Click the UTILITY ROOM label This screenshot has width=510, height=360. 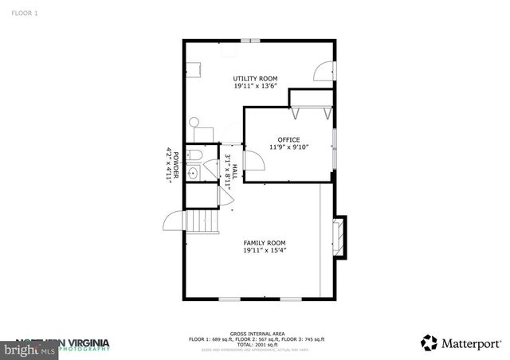(x=254, y=78)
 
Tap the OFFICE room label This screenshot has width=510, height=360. (x=288, y=139)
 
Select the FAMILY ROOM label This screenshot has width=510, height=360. (x=265, y=243)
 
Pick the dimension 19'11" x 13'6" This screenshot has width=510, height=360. (x=254, y=86)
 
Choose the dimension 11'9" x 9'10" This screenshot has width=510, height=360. (x=288, y=147)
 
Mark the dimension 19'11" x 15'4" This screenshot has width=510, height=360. (x=265, y=251)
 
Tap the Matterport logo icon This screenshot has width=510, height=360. (x=430, y=342)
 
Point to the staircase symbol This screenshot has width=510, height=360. (x=202, y=221)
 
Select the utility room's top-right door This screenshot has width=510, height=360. (x=324, y=72)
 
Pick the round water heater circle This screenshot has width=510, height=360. (x=194, y=123)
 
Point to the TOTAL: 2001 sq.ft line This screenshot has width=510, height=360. (x=256, y=344)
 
